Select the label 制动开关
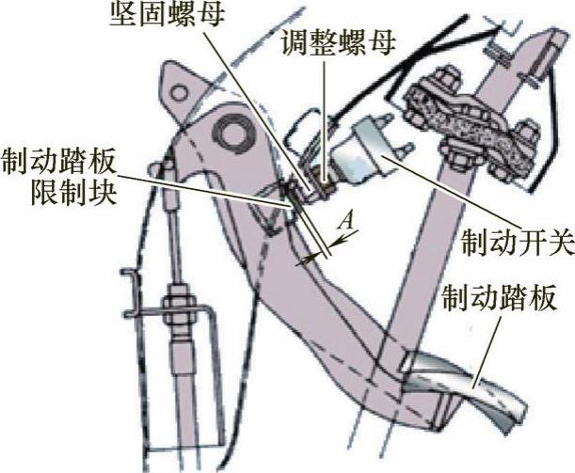click(516, 243)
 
